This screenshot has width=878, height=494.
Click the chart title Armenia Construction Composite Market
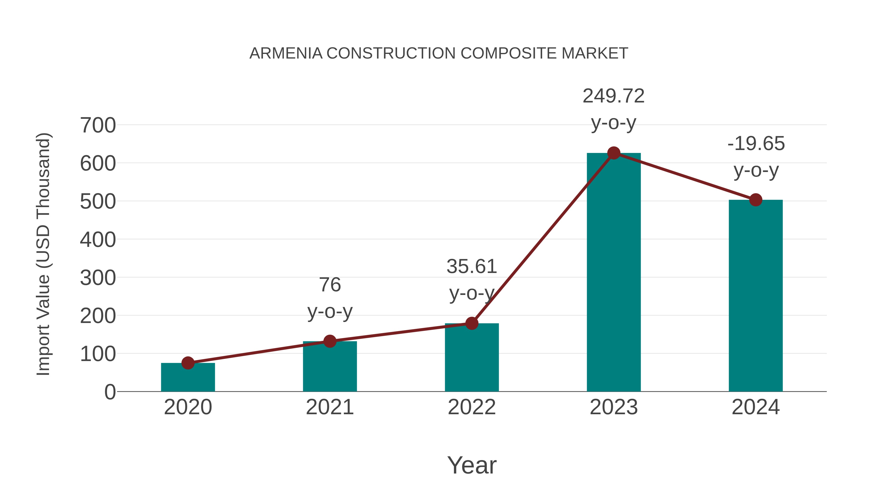[x=439, y=53]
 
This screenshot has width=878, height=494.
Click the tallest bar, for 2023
[x=614, y=273]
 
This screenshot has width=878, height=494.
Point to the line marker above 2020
[x=188, y=363]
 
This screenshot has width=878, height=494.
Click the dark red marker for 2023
[x=614, y=153]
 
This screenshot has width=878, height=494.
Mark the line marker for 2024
[x=756, y=200]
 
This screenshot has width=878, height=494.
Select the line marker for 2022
[x=472, y=323]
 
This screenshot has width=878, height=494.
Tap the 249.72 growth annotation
[x=614, y=96]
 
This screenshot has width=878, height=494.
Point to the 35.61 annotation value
[x=472, y=267]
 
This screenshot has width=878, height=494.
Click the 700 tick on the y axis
[x=98, y=125]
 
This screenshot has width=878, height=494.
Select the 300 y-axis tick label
[x=98, y=278]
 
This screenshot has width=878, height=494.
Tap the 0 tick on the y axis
[x=110, y=392]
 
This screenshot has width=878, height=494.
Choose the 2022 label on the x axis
[x=472, y=407]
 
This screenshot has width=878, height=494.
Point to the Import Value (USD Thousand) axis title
[x=44, y=254]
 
